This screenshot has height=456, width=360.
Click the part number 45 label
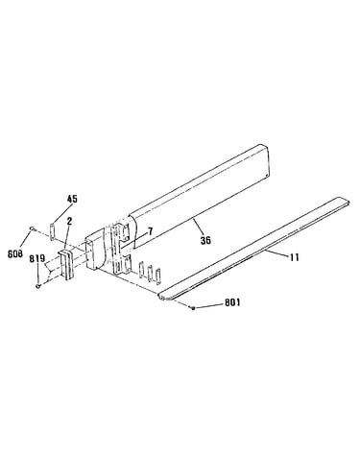point(72,199)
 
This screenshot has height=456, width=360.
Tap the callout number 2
point(69,221)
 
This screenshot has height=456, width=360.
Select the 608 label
point(15,253)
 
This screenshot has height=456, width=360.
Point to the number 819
point(38,258)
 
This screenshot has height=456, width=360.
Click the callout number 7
point(151,230)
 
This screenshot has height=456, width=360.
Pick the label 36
point(205,240)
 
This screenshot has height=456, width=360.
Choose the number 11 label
point(295,257)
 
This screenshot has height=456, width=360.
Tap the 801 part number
point(232,302)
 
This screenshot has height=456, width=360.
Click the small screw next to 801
point(193,308)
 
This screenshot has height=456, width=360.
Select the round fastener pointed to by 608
point(32,228)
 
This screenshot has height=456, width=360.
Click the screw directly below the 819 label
point(38,285)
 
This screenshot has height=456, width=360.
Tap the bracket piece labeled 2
point(66,265)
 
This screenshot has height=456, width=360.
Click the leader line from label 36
point(198,227)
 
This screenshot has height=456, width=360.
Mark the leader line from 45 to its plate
point(60,214)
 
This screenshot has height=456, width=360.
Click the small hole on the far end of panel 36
point(267,175)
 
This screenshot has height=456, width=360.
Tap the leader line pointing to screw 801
point(209,305)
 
